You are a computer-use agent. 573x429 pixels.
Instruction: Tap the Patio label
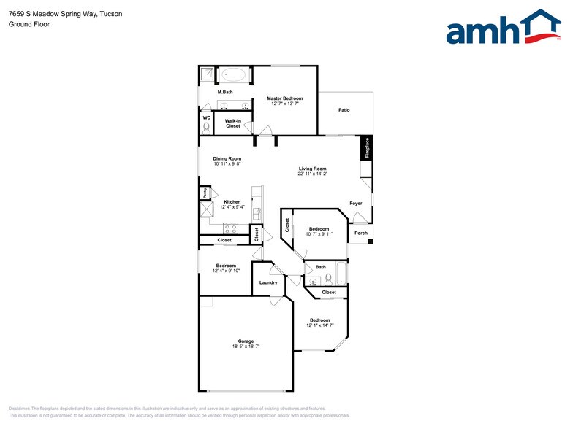344,110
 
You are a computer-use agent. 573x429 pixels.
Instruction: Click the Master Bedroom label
284,98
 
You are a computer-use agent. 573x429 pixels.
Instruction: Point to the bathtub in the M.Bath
234,74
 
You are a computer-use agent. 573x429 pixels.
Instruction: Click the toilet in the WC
206,127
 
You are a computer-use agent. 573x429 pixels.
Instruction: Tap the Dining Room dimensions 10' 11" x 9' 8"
227,164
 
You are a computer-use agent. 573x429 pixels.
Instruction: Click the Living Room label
312,169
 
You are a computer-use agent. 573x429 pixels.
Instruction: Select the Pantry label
205,193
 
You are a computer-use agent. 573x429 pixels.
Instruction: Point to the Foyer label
355,204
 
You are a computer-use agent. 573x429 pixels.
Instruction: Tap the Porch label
361,233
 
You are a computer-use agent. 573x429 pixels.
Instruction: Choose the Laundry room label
268,282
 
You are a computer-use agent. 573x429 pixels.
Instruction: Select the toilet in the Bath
329,279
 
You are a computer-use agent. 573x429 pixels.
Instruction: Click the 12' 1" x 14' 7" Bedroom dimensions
319,325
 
